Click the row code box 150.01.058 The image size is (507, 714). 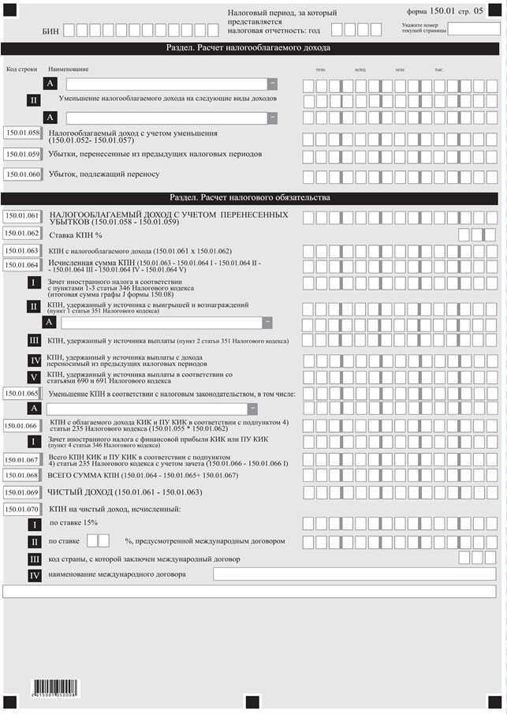pyautogui.click(x=22, y=133)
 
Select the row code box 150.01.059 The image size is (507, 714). pyautogui.click(x=22, y=155)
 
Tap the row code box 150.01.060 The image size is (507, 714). pyautogui.click(x=22, y=174)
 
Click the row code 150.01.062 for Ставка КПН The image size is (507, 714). pyautogui.click(x=22, y=234)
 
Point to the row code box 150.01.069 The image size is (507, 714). pyautogui.click(x=22, y=492)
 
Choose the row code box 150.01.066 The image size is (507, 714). pyautogui.click(x=22, y=426)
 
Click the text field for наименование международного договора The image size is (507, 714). pyautogui.click(x=355, y=574)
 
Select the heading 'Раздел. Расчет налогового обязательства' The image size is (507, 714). pyautogui.click(x=250, y=197)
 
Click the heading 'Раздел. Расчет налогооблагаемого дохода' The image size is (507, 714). pyautogui.click(x=250, y=48)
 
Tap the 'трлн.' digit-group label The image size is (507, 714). pyautogui.click(x=320, y=70)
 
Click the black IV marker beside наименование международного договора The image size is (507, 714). pyautogui.click(x=34, y=575)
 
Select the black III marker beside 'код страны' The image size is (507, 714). pyautogui.click(x=34, y=559)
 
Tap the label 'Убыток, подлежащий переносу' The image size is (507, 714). pyautogui.click(x=104, y=174)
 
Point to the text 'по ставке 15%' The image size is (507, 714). pyautogui.click(x=74, y=523)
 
